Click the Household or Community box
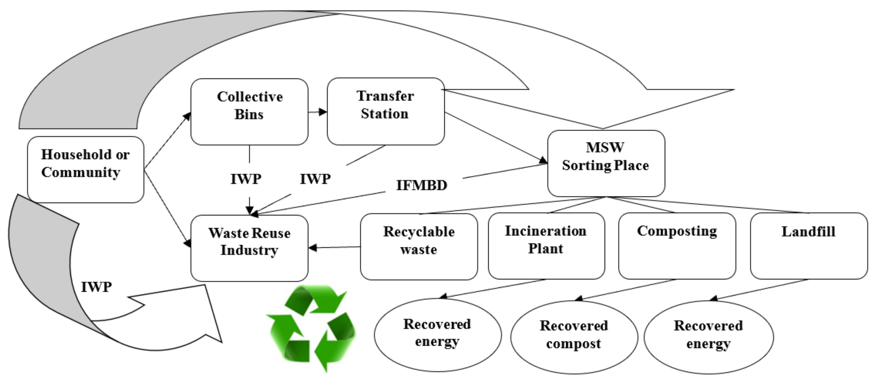click(85, 169)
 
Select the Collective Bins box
click(249, 112)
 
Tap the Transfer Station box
click(385, 111)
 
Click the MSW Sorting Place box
click(606, 163)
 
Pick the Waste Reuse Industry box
click(249, 248)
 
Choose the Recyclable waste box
click(419, 247)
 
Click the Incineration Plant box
click(546, 246)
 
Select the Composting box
click(677, 246)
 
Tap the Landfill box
click(809, 246)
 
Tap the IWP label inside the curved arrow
click(96, 287)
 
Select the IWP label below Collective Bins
click(246, 179)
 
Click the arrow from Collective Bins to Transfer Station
click(317, 112)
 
